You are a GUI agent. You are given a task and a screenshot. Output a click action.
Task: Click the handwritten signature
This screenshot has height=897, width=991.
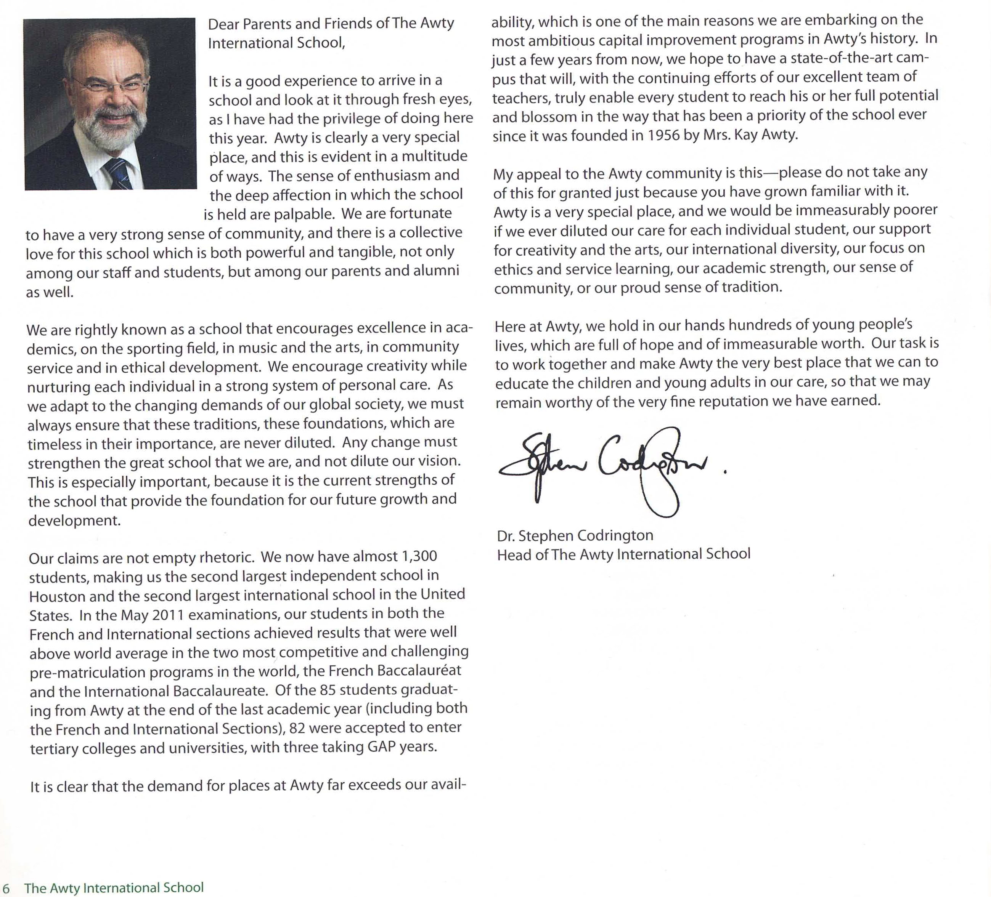coord(605,467)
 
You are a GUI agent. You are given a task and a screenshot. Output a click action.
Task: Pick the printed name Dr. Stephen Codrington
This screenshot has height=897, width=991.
coord(575,535)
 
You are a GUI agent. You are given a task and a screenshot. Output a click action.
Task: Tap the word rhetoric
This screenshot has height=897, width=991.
coord(226,557)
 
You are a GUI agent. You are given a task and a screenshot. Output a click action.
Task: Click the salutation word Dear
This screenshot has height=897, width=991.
coord(224,24)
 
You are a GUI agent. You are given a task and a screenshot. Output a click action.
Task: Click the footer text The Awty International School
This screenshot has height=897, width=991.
coord(114,888)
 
